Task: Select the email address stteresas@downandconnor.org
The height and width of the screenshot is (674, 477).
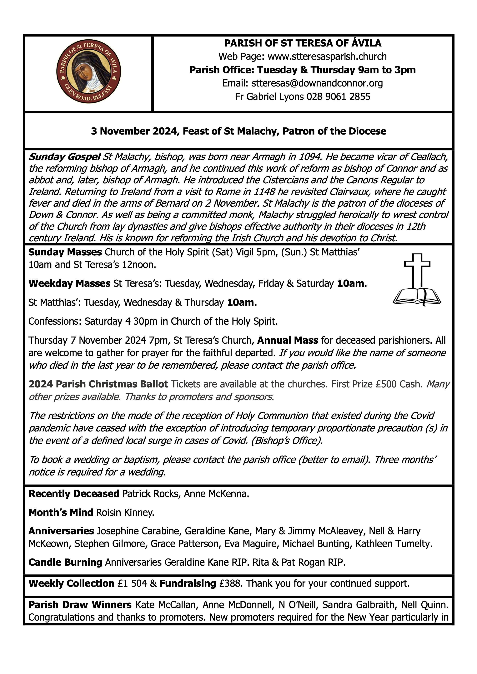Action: point(317,83)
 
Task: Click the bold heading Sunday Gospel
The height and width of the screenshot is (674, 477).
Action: point(65,157)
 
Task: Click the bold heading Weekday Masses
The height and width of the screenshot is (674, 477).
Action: point(69,284)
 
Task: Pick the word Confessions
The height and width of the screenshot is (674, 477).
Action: point(55,322)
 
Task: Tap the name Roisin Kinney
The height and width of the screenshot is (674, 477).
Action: point(125,513)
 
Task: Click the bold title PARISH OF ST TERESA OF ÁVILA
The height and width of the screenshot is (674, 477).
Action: point(303,43)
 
